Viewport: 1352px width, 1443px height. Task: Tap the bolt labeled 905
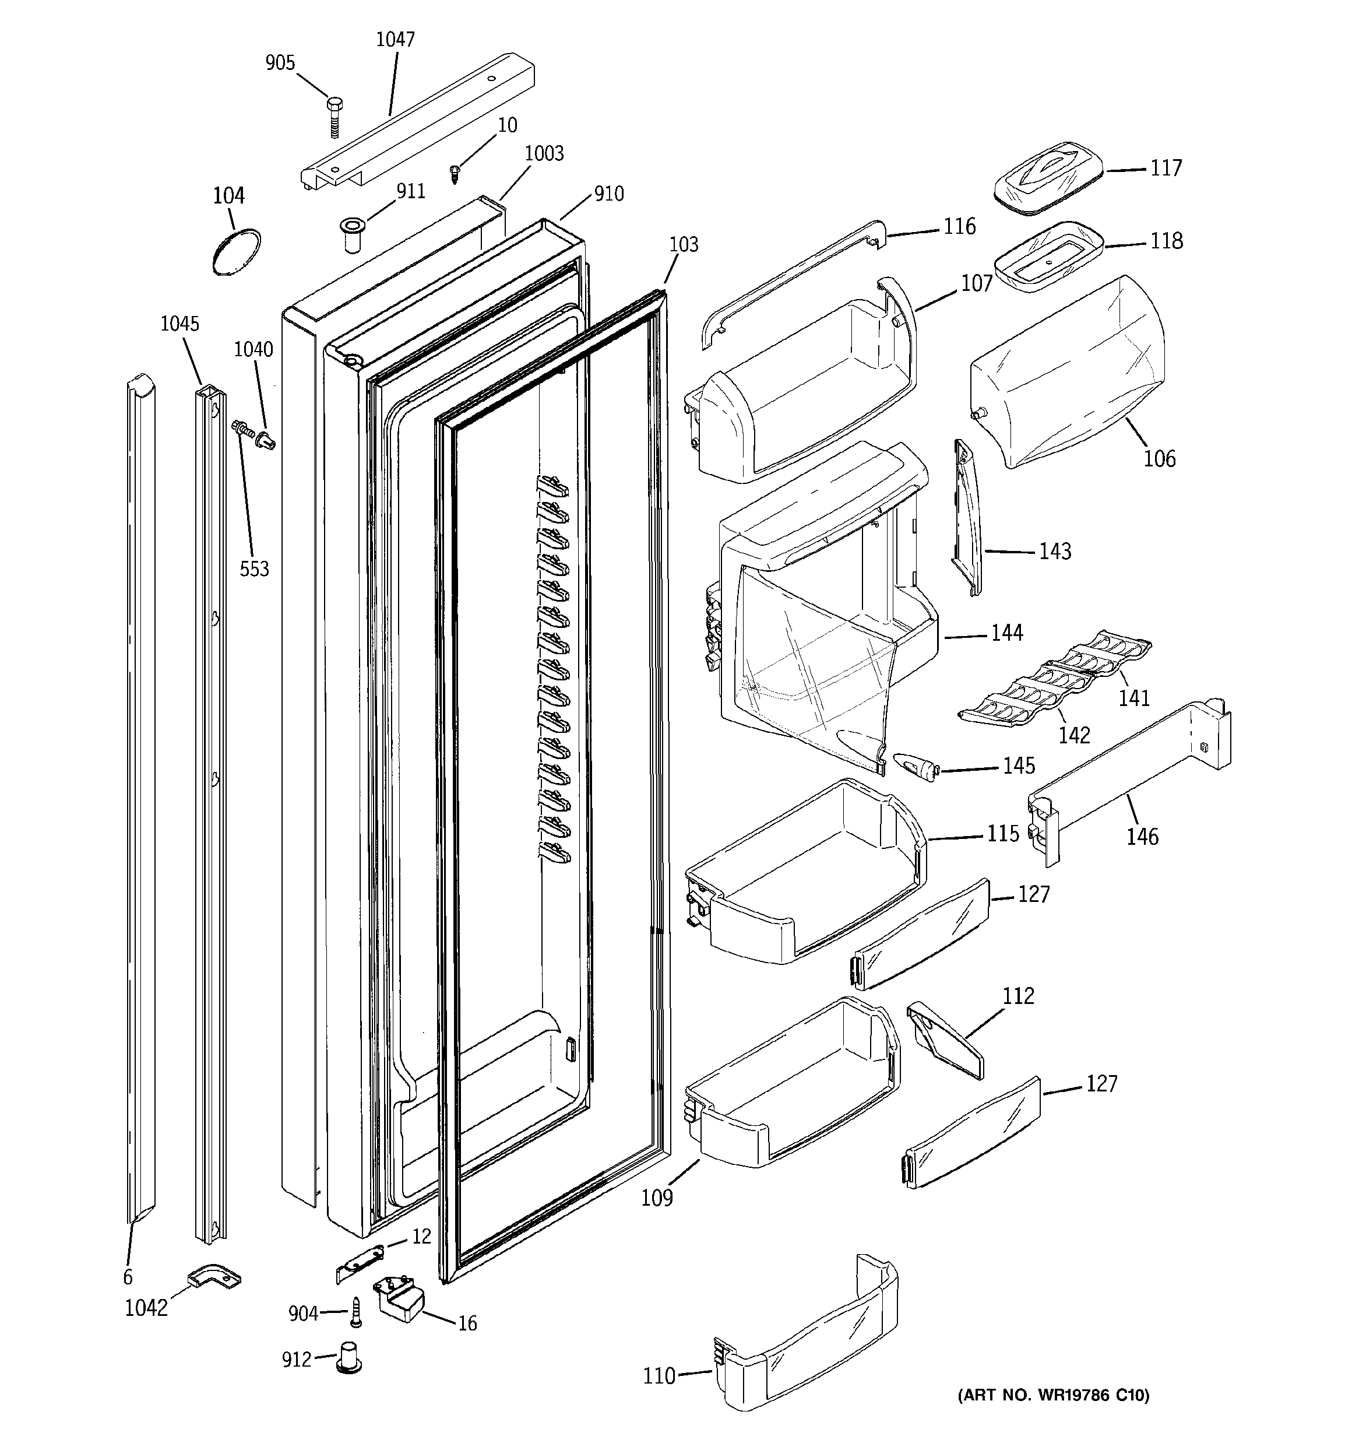(335, 117)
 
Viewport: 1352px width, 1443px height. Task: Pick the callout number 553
(254, 569)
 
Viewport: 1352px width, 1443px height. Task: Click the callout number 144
(1006, 633)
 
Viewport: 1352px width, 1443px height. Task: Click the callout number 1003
(544, 153)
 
